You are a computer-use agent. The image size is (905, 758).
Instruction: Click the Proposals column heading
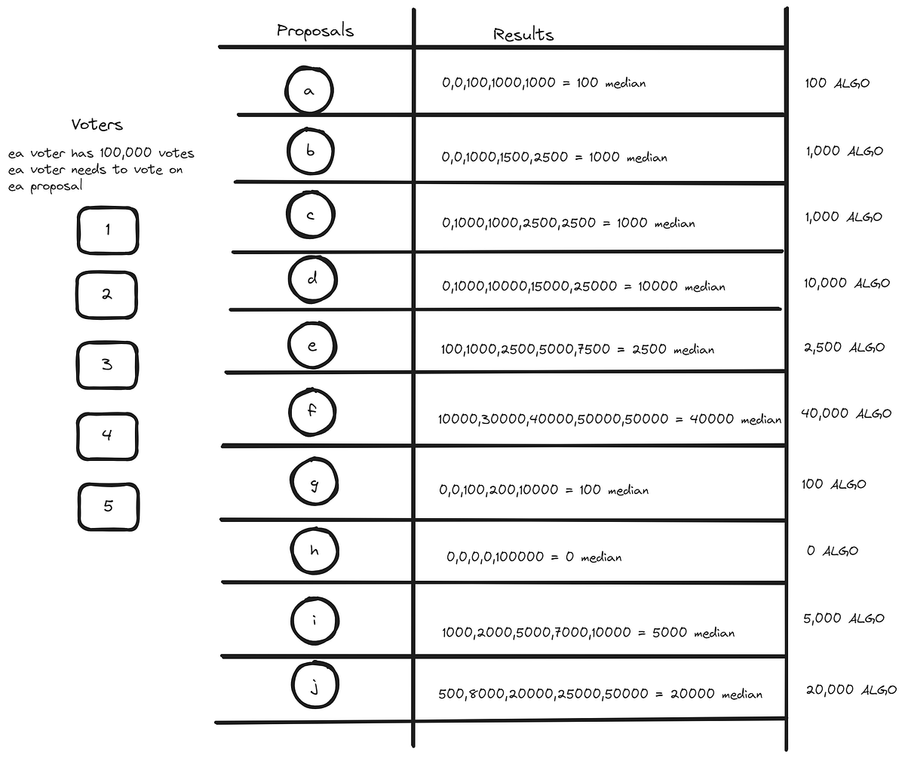315,30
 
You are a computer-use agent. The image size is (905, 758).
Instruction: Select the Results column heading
523,34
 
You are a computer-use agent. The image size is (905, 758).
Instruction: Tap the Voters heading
97,124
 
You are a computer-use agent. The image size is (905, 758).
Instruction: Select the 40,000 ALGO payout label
845,413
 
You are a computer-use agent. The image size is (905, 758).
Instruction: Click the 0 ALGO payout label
832,551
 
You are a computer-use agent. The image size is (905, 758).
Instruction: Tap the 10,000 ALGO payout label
846,283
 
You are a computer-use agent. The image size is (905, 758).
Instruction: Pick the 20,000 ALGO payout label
851,689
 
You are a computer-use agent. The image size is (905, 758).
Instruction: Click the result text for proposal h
534,557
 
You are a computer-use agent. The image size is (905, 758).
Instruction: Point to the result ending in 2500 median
578,349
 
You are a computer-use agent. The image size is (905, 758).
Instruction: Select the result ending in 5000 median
588,632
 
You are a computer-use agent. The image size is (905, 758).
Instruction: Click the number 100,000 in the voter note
125,152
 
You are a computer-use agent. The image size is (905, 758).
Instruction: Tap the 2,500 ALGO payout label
845,347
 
